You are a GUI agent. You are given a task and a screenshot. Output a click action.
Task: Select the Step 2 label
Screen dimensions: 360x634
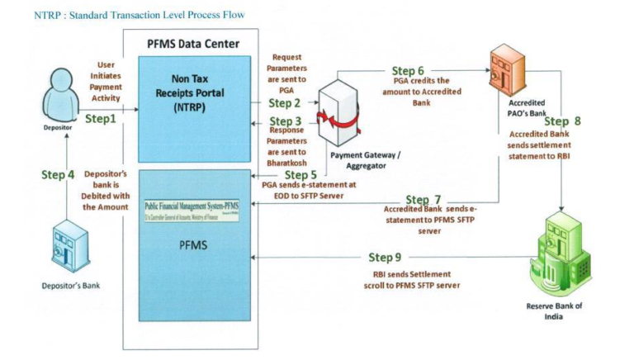click(285, 103)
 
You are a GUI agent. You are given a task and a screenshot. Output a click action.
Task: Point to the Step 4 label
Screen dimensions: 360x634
click(58, 175)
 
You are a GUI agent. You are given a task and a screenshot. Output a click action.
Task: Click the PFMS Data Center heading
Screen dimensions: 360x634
click(194, 44)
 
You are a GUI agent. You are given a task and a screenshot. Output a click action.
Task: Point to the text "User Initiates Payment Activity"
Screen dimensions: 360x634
click(106, 82)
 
